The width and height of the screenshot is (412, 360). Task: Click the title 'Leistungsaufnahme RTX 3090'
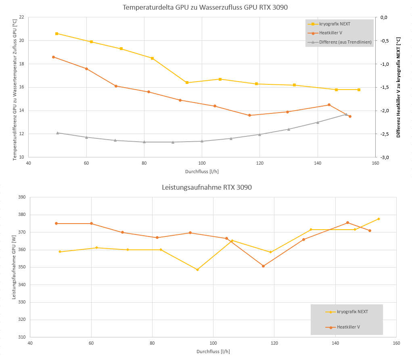coord(207,187)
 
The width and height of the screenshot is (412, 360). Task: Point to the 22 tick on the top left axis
coord(21,17)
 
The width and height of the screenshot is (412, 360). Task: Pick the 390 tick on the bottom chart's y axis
coord(21,197)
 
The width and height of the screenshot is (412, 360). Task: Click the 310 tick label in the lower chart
coord(21,337)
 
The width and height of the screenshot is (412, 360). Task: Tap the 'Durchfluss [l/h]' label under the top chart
coord(202,171)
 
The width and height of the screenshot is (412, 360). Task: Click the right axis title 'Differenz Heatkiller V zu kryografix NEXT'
coord(398,88)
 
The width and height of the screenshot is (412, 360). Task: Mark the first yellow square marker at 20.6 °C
coord(56,33)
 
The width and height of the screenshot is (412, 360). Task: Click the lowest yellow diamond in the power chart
coord(197,270)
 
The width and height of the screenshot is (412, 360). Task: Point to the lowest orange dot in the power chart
coord(263,266)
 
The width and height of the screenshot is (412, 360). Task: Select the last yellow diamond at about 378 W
coord(379,219)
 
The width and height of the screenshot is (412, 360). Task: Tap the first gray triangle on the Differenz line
coord(57,133)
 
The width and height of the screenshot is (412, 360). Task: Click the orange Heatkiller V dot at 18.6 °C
coord(53,57)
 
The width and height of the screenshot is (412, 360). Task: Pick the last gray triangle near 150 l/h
coord(346,114)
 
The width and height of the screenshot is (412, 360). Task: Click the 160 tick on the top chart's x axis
coord(375,163)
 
